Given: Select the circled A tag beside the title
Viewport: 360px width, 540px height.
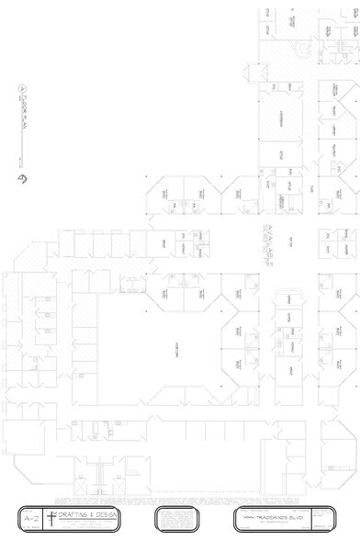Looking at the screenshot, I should click(20, 89).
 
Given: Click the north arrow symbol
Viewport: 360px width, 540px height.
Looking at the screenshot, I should click(20, 180).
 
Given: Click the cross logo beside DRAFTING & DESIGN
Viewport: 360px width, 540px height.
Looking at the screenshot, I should click(46, 518).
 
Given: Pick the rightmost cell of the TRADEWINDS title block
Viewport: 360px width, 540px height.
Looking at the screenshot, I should click(331, 518).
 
